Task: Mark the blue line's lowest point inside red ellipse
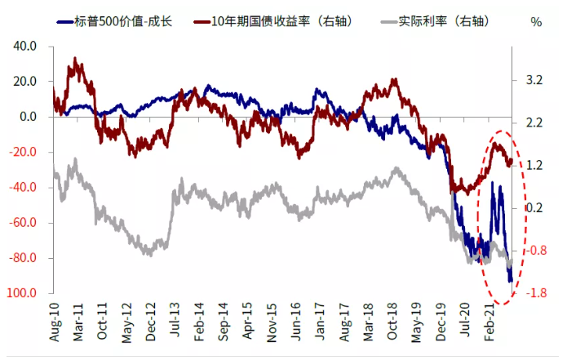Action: coord(512,282)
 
